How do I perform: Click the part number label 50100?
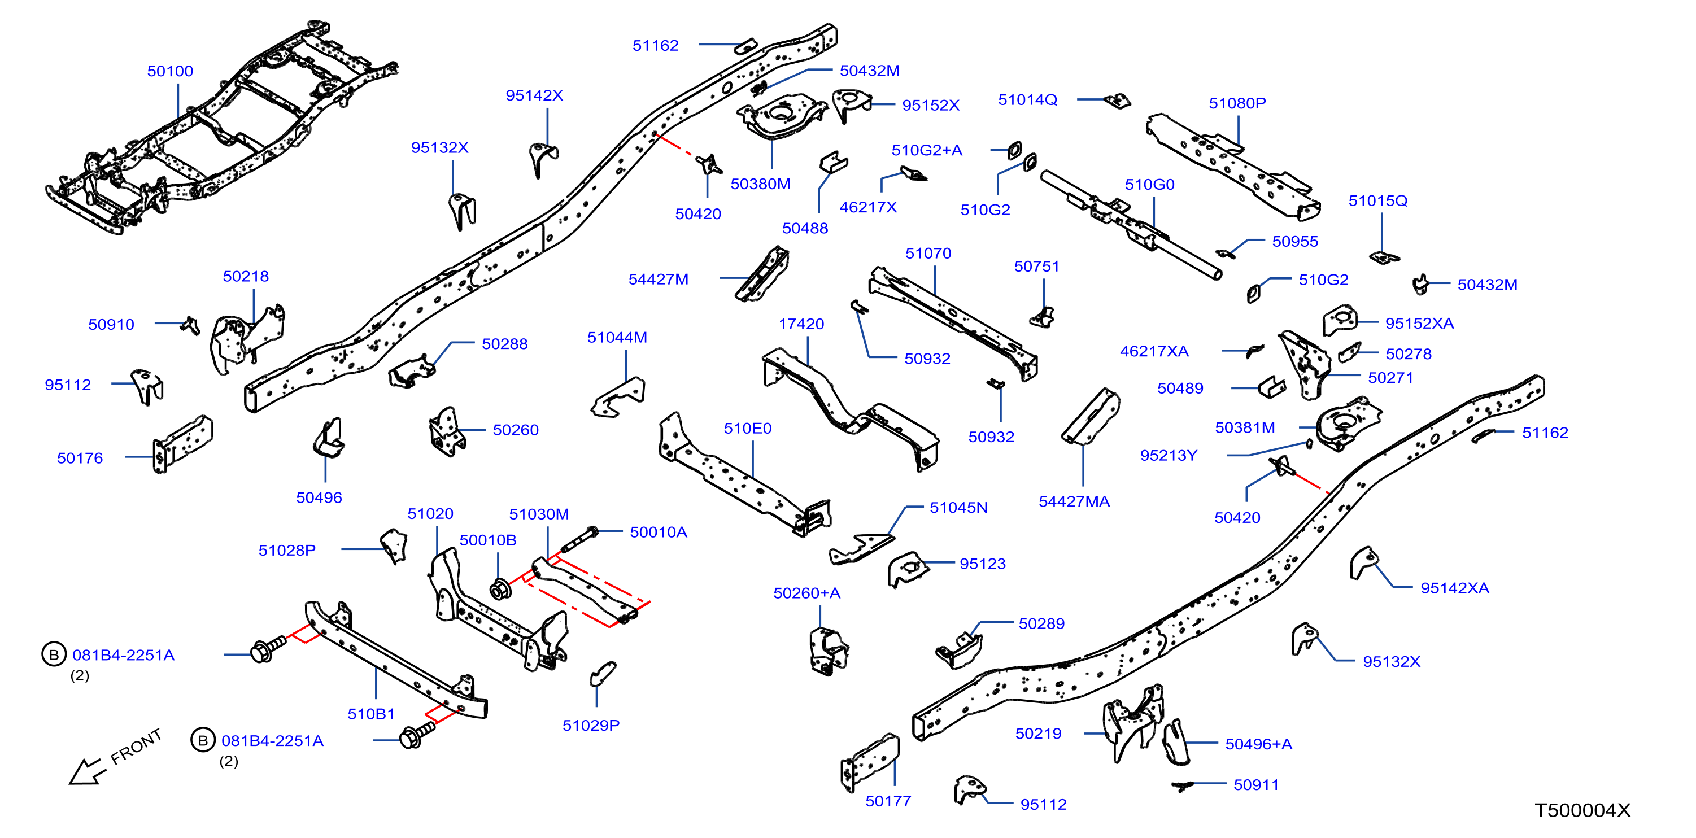[170, 71]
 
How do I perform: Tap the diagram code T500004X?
[1582, 810]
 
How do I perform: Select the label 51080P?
[1237, 103]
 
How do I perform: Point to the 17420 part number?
[801, 324]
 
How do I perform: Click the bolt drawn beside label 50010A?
[579, 540]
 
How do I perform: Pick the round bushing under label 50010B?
[500, 589]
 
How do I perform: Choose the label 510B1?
[370, 714]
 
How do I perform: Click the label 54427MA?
[1074, 501]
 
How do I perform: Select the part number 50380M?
[760, 184]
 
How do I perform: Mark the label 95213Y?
[1168, 456]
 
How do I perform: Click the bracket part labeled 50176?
[182, 444]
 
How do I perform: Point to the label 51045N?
[958, 508]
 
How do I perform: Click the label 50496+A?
[1258, 744]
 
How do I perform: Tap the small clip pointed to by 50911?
[1183, 785]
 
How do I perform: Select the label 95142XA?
[1454, 588]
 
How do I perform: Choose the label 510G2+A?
[926, 150]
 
